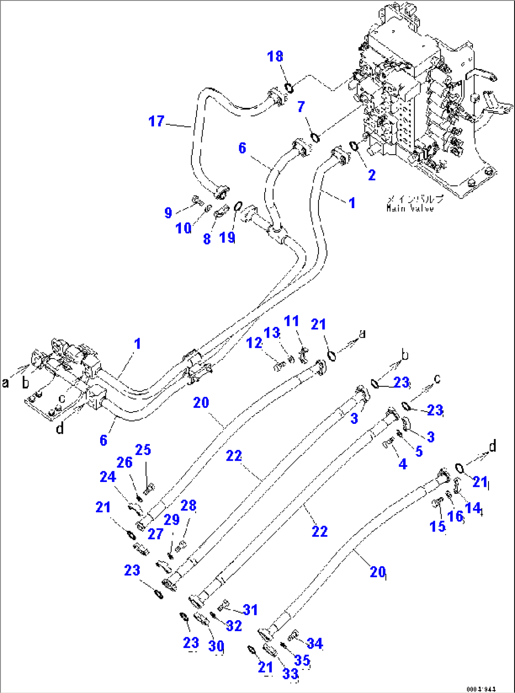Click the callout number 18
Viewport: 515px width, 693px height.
click(x=275, y=56)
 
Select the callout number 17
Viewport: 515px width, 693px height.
click(x=156, y=122)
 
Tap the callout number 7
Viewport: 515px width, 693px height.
click(x=301, y=107)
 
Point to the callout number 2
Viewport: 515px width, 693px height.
click(x=372, y=175)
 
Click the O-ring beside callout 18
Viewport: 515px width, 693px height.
click(x=288, y=87)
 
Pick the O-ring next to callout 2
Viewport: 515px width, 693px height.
click(x=354, y=145)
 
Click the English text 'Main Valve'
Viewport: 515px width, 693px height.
click(x=410, y=208)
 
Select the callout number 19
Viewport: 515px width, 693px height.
click(x=227, y=237)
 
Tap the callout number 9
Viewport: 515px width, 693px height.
click(x=168, y=212)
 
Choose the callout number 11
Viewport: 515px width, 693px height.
click(x=292, y=321)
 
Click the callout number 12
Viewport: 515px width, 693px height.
click(x=254, y=342)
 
